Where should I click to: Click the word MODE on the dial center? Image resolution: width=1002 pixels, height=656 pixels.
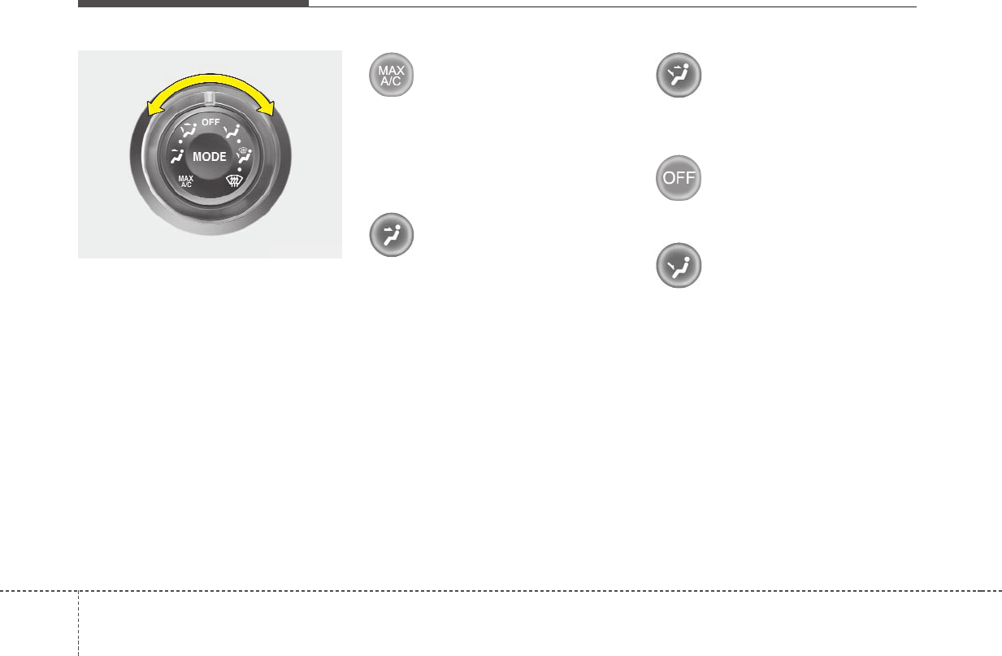pyautogui.click(x=210, y=157)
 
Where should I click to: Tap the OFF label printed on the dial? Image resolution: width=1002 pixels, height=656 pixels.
pyautogui.click(x=210, y=122)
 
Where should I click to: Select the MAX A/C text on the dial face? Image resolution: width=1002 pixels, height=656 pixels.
pyautogui.click(x=186, y=181)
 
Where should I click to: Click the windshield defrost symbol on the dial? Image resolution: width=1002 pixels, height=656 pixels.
pyautogui.click(x=236, y=184)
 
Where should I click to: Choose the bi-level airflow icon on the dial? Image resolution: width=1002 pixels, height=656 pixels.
pyautogui.click(x=189, y=128)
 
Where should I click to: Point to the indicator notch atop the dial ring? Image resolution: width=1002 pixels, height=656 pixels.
pyautogui.click(x=210, y=98)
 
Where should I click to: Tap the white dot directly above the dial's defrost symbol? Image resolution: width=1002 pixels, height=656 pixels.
pyautogui.click(x=239, y=169)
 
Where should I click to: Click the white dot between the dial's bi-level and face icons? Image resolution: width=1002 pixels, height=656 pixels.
pyautogui.click(x=180, y=140)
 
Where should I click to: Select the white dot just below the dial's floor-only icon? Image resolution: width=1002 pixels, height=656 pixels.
pyautogui.click(x=241, y=140)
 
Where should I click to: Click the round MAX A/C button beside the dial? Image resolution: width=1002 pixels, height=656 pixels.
pyautogui.click(x=392, y=76)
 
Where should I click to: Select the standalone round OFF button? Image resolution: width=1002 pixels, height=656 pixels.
pyautogui.click(x=679, y=178)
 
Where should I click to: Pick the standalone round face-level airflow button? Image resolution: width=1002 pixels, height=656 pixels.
pyautogui.click(x=392, y=236)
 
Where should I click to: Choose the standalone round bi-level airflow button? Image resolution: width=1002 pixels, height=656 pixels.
pyautogui.click(x=679, y=76)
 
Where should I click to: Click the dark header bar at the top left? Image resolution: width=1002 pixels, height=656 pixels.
pyautogui.click(x=193, y=3)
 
